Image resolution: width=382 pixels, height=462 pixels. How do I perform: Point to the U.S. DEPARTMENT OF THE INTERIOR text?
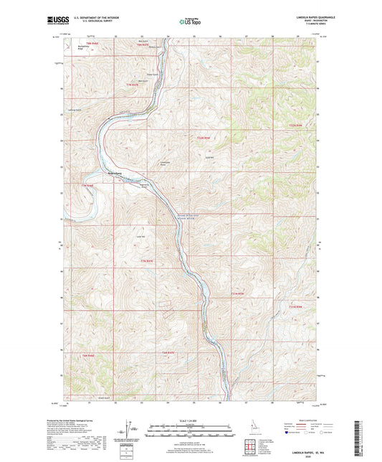coord(90,18)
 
